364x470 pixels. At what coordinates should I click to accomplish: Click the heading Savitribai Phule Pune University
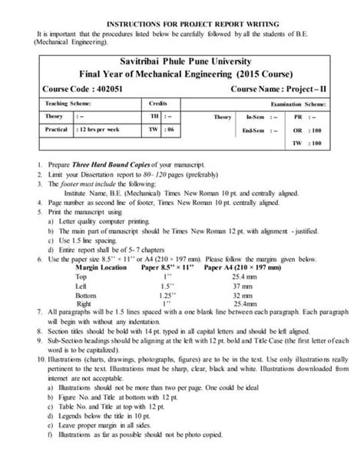[182, 61]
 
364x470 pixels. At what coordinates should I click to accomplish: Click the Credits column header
[158, 102]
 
